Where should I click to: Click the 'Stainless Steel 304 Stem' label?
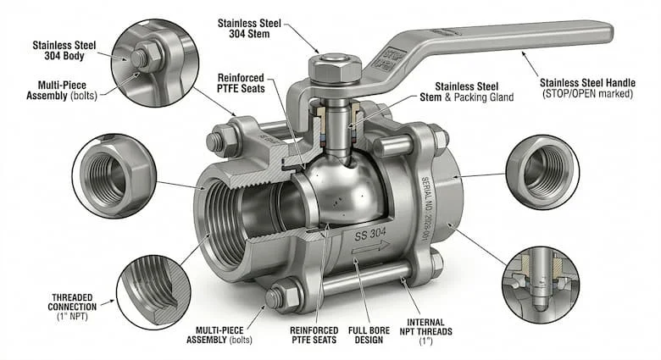point(249,28)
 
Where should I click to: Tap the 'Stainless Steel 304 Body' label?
point(64,50)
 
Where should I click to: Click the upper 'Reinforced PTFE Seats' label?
point(242,83)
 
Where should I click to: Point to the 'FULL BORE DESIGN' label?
point(369,335)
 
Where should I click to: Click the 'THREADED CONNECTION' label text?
point(72,302)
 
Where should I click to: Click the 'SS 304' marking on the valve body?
point(370,234)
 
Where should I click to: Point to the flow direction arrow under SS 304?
point(371,248)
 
